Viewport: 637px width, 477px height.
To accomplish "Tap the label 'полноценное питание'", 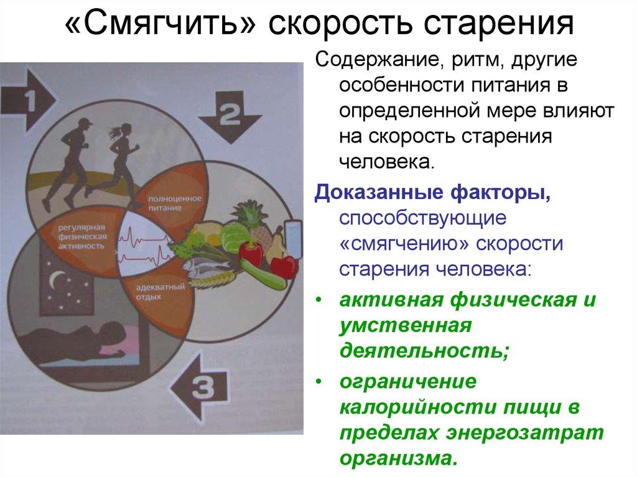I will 164,203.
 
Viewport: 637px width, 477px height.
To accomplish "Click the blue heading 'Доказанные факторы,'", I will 432,192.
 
